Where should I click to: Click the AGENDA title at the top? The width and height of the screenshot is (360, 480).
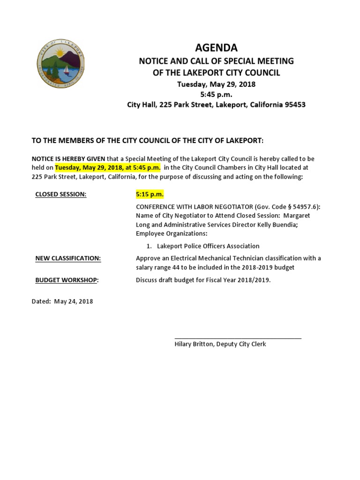216,48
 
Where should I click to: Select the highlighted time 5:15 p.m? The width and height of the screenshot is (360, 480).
150,194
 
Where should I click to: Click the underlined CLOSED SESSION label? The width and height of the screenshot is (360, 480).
61,194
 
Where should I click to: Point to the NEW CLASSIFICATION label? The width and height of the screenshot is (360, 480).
68,258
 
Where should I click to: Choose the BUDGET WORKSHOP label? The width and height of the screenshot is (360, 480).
67,280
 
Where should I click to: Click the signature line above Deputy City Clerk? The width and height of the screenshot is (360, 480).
238,338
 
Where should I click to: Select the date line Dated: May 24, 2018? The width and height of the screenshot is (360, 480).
62,301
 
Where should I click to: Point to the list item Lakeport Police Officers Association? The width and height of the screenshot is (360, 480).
208,246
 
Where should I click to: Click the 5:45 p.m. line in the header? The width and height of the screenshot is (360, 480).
216,95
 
